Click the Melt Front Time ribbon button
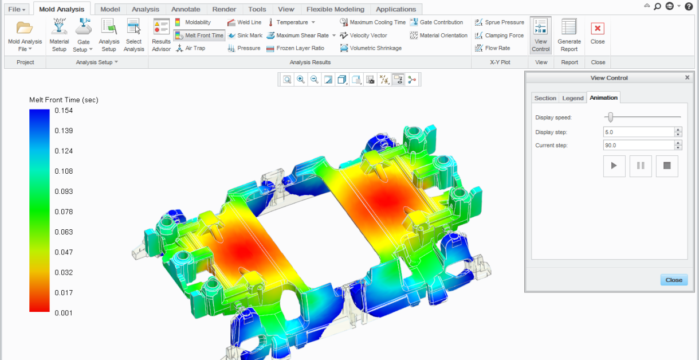[199, 36]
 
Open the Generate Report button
[569, 36]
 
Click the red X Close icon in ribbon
[598, 29]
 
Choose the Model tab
[110, 9]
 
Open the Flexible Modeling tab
[335, 9]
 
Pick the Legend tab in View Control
[572, 98]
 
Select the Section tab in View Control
[545, 98]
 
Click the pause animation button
[641, 166]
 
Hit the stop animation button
[667, 166]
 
